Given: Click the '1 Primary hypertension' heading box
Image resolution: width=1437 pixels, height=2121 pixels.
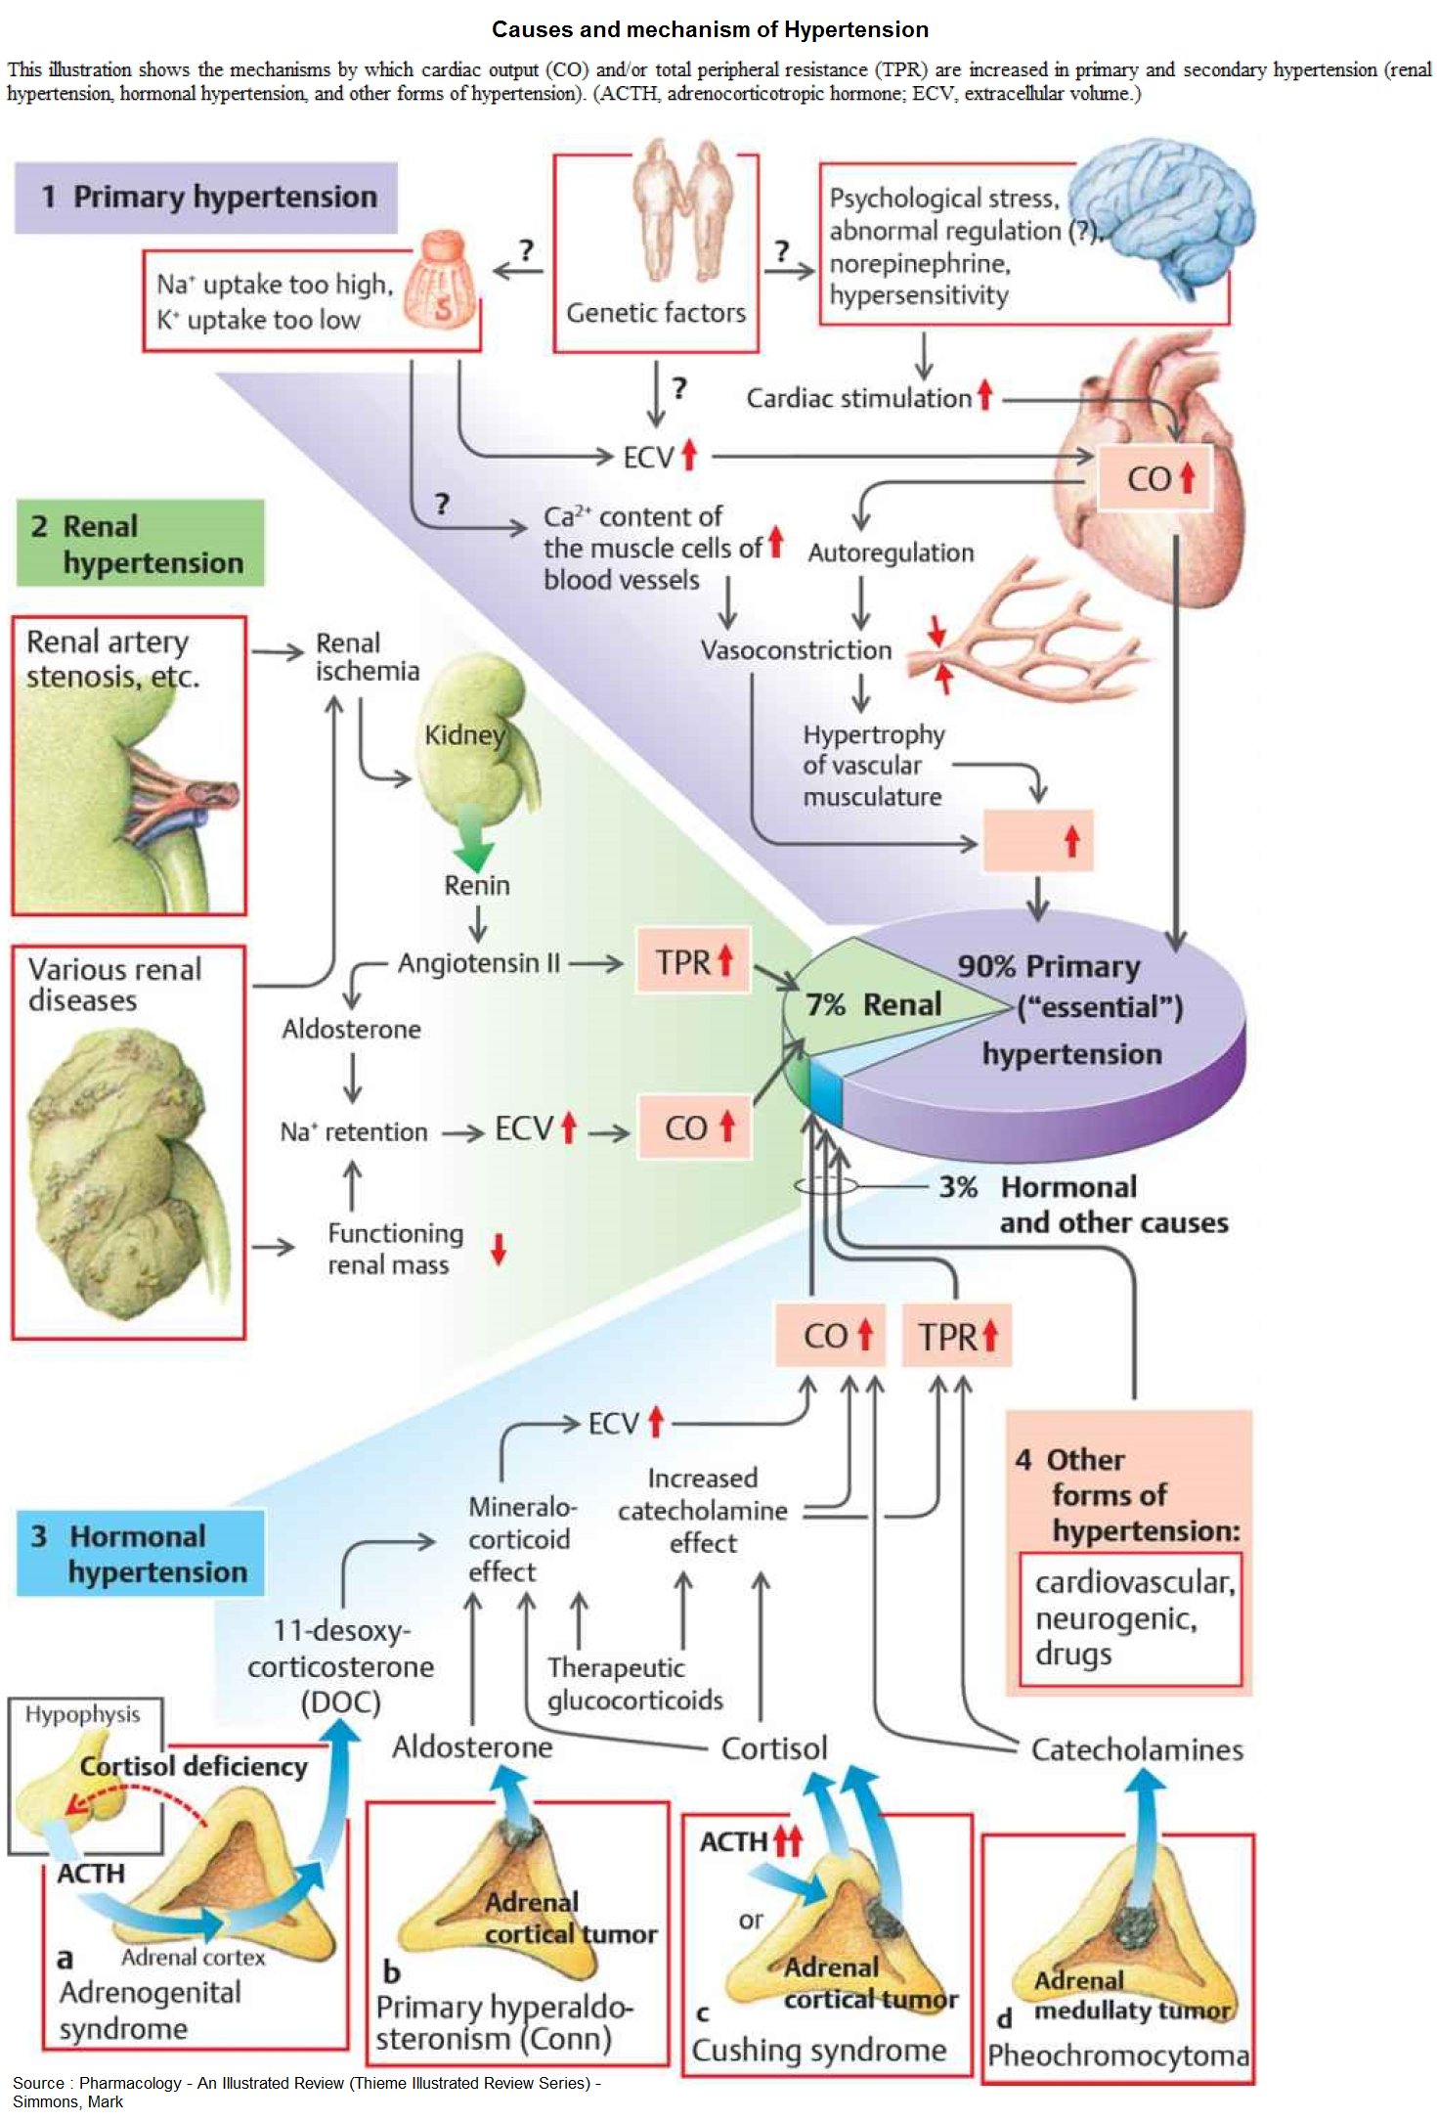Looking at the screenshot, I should (x=206, y=198).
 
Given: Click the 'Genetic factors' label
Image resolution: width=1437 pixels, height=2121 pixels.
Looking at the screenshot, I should (x=655, y=313).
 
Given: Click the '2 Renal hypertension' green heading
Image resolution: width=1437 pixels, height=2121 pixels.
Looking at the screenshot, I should (x=140, y=544).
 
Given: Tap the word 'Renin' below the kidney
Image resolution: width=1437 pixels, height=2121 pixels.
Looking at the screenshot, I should (x=477, y=886).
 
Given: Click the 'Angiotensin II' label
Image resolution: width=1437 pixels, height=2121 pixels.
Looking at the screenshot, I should (x=479, y=963).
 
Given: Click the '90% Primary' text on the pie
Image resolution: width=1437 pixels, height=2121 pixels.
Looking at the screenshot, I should (x=1048, y=967).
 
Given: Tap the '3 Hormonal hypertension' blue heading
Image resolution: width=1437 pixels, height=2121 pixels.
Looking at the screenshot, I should (x=140, y=1554).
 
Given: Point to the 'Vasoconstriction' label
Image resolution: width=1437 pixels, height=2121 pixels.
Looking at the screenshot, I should (x=796, y=650).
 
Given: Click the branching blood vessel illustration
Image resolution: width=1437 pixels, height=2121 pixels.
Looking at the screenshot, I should (x=1026, y=636).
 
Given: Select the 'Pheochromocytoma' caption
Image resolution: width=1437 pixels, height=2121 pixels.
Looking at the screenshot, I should (x=1117, y=2055).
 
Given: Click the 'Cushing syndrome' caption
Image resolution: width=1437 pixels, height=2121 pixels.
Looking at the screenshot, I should (x=819, y=2050).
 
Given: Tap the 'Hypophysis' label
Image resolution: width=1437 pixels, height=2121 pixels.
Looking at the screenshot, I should (x=83, y=1714).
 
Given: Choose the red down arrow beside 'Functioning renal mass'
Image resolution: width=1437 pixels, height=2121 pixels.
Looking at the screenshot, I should (x=499, y=1249).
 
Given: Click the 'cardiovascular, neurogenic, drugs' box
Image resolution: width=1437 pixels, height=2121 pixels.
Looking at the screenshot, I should (x=1130, y=1618).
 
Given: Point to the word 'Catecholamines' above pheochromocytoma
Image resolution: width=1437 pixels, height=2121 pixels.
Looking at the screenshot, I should (x=1137, y=1749).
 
